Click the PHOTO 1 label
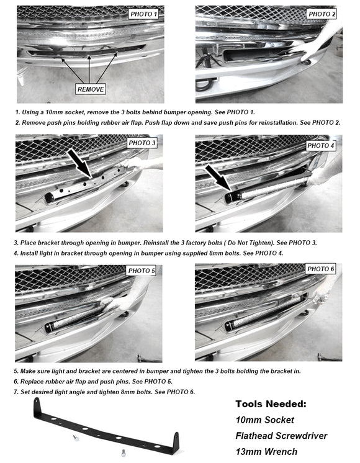[x=143, y=13]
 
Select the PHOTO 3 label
[x=142, y=143]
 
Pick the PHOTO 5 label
[x=142, y=271]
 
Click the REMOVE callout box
[x=91, y=89]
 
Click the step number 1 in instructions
[x=17, y=112]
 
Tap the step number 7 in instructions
[x=17, y=392]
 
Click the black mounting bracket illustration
[x=106, y=428]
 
